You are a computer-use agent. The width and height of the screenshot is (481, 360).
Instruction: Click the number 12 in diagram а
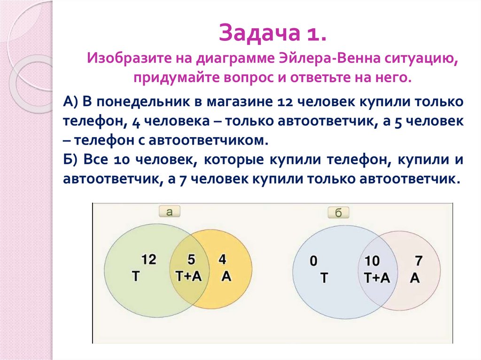[148, 259]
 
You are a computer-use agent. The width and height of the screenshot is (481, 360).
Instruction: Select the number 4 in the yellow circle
[222, 259]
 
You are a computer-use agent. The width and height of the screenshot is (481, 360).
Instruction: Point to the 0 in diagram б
[314, 261]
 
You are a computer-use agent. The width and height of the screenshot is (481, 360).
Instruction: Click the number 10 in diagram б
[372, 261]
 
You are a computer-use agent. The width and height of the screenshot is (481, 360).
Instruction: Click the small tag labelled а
[170, 212]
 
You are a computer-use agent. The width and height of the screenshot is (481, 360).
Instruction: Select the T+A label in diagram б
[377, 277]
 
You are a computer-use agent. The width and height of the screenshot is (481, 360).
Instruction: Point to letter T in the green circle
[136, 276]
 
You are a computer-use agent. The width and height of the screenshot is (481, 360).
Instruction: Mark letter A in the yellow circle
[226, 276]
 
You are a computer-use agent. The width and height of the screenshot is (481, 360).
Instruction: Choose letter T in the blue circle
[324, 278]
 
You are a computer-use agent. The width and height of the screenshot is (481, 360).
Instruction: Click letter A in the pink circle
[414, 278]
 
